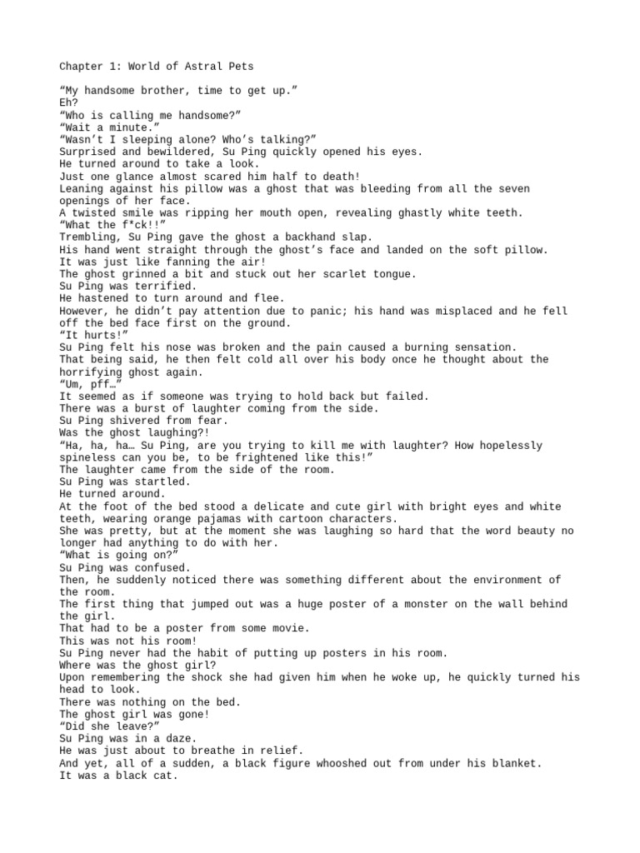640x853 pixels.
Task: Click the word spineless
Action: pos(91,457)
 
